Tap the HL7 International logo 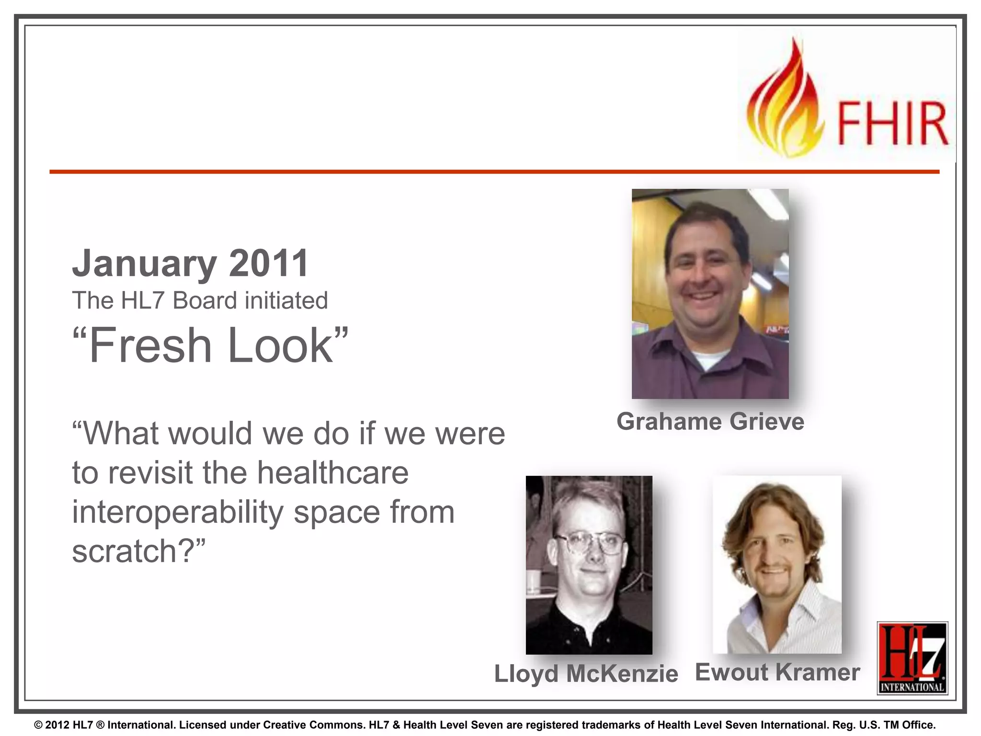pos(912,658)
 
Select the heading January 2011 pos(190,263)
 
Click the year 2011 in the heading pos(269,263)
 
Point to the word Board pos(205,301)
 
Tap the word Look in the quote pos(281,345)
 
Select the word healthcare pos(333,473)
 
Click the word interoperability pos(178,512)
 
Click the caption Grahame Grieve pos(710,422)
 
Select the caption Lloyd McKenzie pos(586,674)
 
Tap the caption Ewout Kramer pos(777,672)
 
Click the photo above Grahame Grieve pos(710,293)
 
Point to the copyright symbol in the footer pos(38,725)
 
